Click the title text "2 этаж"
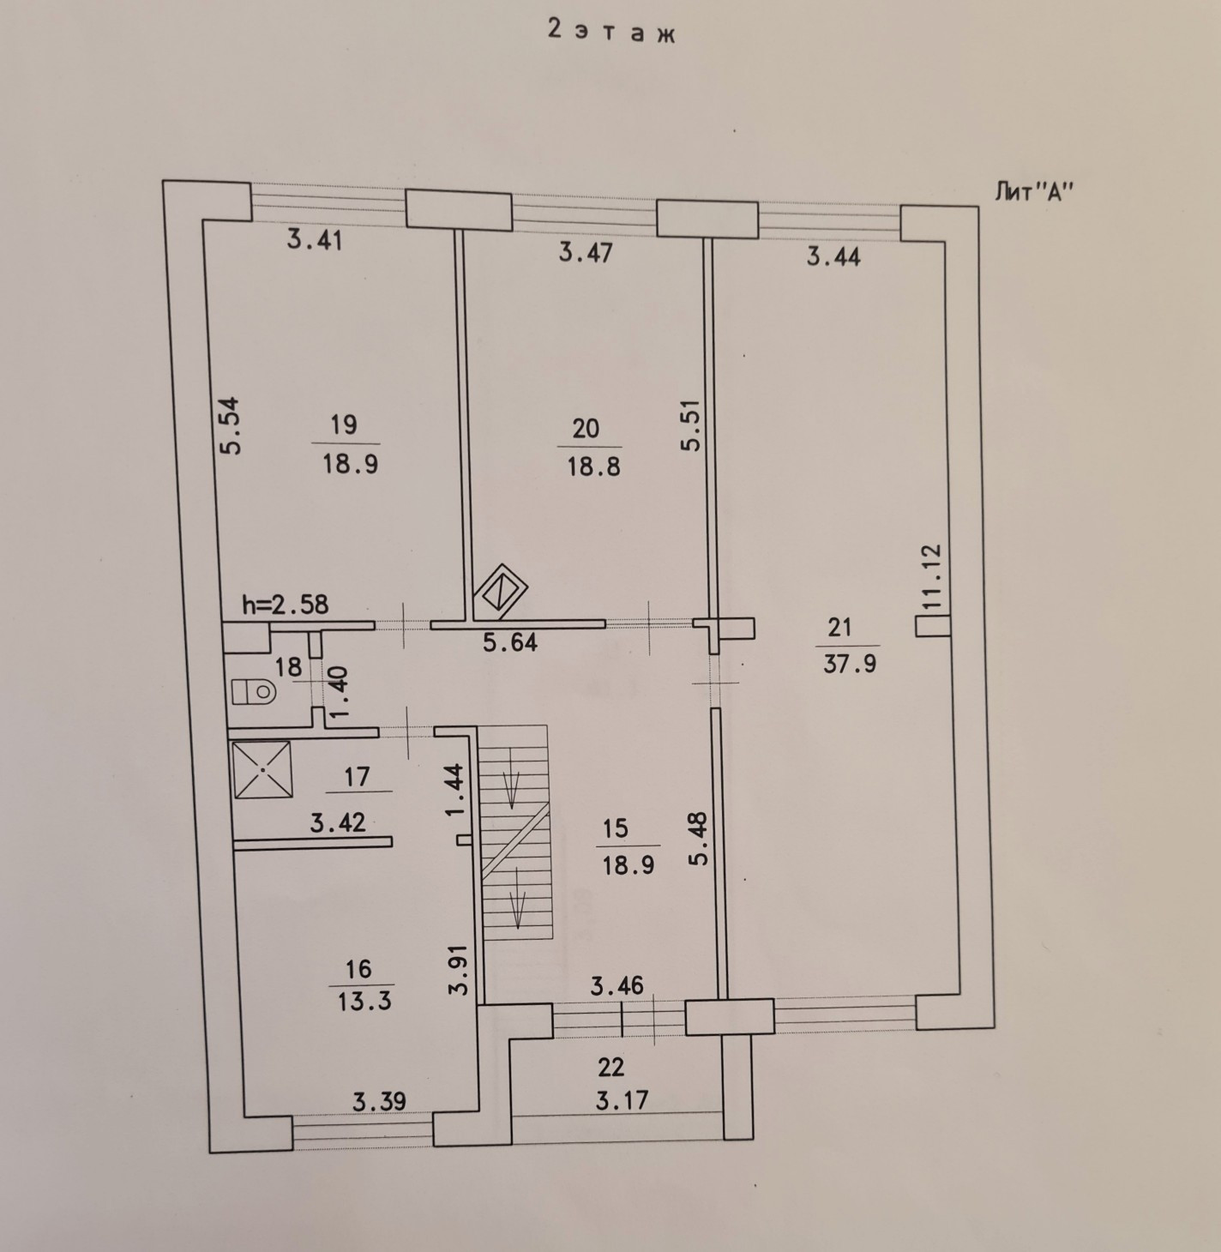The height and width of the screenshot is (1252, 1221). (611, 32)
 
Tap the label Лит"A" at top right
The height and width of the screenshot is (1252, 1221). (1034, 192)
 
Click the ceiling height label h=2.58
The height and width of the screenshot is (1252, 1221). (286, 605)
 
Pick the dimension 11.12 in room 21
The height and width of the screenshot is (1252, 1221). (934, 577)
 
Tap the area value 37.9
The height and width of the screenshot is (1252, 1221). (849, 664)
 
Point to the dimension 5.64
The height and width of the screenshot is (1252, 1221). (510, 642)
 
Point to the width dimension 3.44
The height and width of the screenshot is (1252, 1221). (833, 256)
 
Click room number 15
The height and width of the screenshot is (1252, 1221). (616, 829)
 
